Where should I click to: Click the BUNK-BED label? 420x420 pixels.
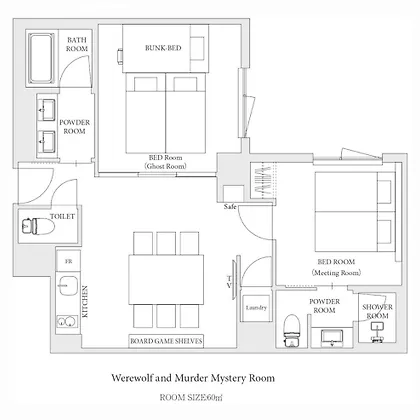(x=163, y=48)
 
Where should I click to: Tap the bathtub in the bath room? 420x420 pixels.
(x=41, y=59)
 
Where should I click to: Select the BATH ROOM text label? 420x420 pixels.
(x=77, y=44)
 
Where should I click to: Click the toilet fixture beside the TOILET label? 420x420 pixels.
(x=38, y=226)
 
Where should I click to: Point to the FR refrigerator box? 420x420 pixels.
(x=68, y=261)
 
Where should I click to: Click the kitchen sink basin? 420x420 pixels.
(x=68, y=286)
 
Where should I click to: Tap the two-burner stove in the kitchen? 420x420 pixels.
(x=67, y=321)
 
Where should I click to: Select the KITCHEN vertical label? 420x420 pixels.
(x=85, y=301)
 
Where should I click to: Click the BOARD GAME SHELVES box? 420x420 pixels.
(x=166, y=341)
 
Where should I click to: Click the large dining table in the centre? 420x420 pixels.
(x=166, y=279)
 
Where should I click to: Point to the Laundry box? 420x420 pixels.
(x=256, y=308)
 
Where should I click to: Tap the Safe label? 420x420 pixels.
(x=230, y=207)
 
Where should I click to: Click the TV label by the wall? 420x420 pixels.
(x=229, y=282)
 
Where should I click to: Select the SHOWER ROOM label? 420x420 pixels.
(x=377, y=311)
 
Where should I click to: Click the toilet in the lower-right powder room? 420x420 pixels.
(x=292, y=330)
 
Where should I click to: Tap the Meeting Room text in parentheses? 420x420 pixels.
(x=336, y=273)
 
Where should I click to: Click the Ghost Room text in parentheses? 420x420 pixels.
(x=165, y=166)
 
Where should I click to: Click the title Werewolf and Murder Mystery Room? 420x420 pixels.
(x=193, y=378)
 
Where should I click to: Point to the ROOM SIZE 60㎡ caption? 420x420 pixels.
(x=191, y=397)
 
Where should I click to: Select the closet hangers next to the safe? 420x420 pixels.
(x=263, y=182)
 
